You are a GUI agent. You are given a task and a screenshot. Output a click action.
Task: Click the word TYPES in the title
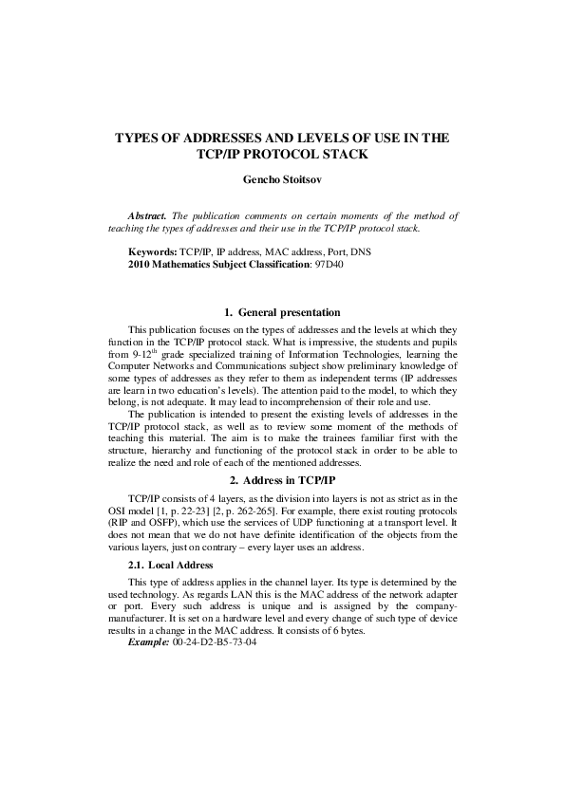(139, 138)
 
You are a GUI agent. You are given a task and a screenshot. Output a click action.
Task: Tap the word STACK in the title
(343, 154)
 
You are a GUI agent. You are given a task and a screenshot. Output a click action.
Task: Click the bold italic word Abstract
(149, 216)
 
